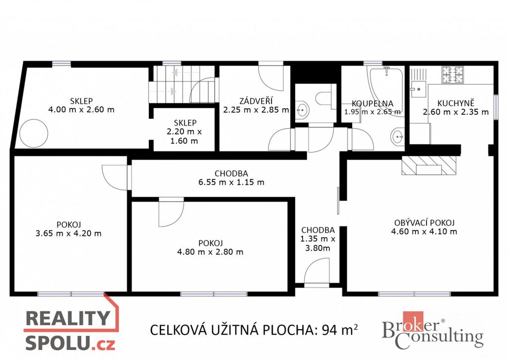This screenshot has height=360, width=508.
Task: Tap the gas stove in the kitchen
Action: (453, 74)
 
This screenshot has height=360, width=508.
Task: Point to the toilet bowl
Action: (322, 99)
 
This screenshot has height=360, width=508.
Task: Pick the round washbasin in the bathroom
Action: (397, 137)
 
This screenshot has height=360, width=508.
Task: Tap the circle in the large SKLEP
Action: (34, 133)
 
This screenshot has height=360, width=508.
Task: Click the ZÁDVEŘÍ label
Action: (255, 101)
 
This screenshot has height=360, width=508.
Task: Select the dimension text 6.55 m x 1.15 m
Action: (231, 182)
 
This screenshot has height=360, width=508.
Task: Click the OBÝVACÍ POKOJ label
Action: (425, 222)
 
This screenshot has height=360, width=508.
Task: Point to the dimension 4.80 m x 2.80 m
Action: (210, 252)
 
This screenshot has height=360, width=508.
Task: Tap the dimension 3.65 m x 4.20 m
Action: (68, 233)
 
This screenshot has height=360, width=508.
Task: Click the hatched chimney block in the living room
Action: (429, 165)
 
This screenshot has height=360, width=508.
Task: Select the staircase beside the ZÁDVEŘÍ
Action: (182, 84)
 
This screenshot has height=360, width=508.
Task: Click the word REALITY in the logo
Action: (67, 318)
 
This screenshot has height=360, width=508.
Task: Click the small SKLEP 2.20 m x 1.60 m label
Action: (184, 132)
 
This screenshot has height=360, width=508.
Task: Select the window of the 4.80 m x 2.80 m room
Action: (214, 294)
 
